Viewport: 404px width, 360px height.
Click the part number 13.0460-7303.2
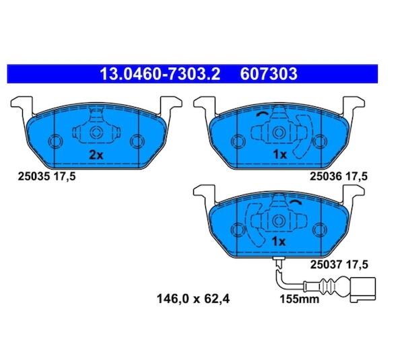pos(160,74)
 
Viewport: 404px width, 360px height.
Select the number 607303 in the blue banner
pos(269,74)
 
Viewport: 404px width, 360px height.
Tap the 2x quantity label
pos(96,155)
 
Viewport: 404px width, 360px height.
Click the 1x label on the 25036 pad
pos(279,155)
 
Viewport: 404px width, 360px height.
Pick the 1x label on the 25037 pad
pos(279,242)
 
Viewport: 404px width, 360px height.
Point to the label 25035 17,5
pos(46,176)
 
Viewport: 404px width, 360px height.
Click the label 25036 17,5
pos(338,176)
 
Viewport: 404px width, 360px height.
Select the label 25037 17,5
pos(339,264)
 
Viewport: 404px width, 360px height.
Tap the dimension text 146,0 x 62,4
pos(193,299)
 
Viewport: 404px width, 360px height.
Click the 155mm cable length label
pos(300,299)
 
